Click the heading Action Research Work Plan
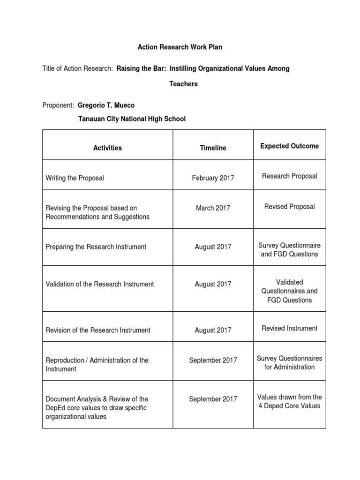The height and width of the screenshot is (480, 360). coord(180,47)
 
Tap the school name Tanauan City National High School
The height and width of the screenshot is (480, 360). coord(131,119)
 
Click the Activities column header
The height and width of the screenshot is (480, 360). coord(107,148)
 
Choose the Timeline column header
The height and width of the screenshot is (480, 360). coord(213,148)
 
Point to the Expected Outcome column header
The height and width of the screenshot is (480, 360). coord(289,146)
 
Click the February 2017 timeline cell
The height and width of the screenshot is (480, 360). coord(213,178)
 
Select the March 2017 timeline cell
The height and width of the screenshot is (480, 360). coord(213,208)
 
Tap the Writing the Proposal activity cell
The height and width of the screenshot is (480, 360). coord(75,178)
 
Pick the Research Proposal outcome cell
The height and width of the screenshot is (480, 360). coord(289,176)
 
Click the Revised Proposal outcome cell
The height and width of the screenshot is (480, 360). coord(289,207)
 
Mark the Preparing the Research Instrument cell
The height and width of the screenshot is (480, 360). coord(96,247)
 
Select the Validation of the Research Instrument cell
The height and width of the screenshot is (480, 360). coord(100,284)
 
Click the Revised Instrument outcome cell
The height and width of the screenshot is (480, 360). coord(289,329)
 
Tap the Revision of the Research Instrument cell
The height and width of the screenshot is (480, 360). coord(98,330)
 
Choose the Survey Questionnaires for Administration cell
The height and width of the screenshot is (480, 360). coord(289,363)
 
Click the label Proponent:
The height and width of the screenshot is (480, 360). coord(58,105)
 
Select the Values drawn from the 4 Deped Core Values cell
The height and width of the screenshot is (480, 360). coord(289,401)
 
